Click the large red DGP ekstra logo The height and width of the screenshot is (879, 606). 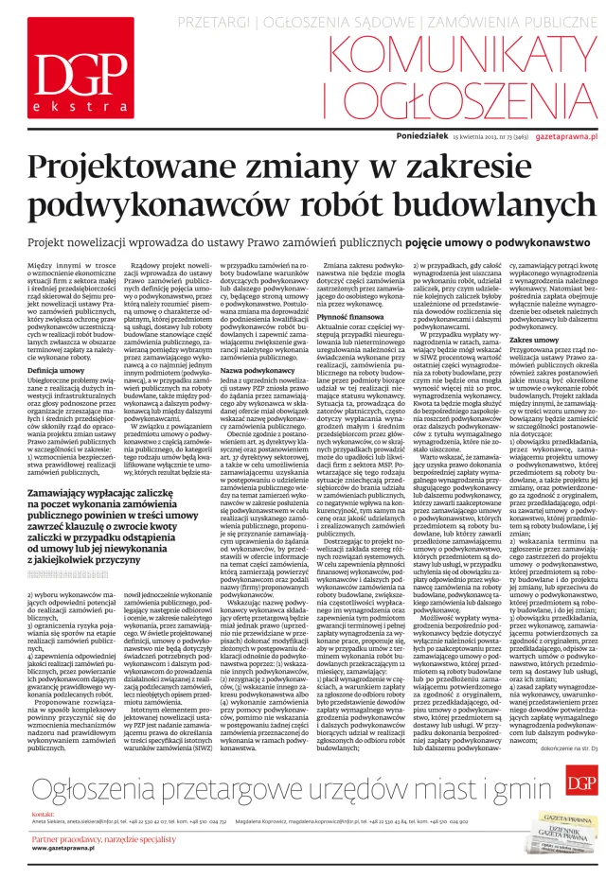click(x=67, y=74)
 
